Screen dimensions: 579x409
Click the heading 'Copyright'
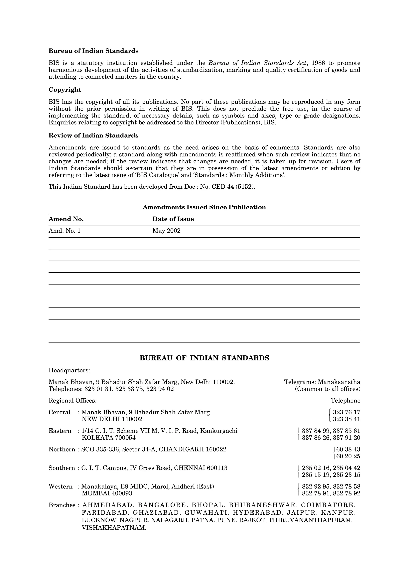(65, 90)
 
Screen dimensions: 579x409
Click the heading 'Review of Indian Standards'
(93, 135)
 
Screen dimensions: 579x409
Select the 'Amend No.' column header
(66, 219)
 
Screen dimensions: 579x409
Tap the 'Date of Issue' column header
(173, 219)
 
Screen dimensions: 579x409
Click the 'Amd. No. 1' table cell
(65, 231)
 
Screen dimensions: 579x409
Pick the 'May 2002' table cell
(166, 231)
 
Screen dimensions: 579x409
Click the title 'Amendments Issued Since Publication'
(204, 207)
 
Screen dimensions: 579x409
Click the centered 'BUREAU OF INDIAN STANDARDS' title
(204, 358)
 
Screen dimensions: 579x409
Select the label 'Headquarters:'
(69, 370)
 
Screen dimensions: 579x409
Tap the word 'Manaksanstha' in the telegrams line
(339, 382)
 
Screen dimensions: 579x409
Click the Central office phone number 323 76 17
(346, 412)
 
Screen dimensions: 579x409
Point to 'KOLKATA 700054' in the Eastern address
(109, 438)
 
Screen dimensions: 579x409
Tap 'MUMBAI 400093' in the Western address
(107, 493)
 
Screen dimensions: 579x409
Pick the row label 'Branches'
(62, 505)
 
